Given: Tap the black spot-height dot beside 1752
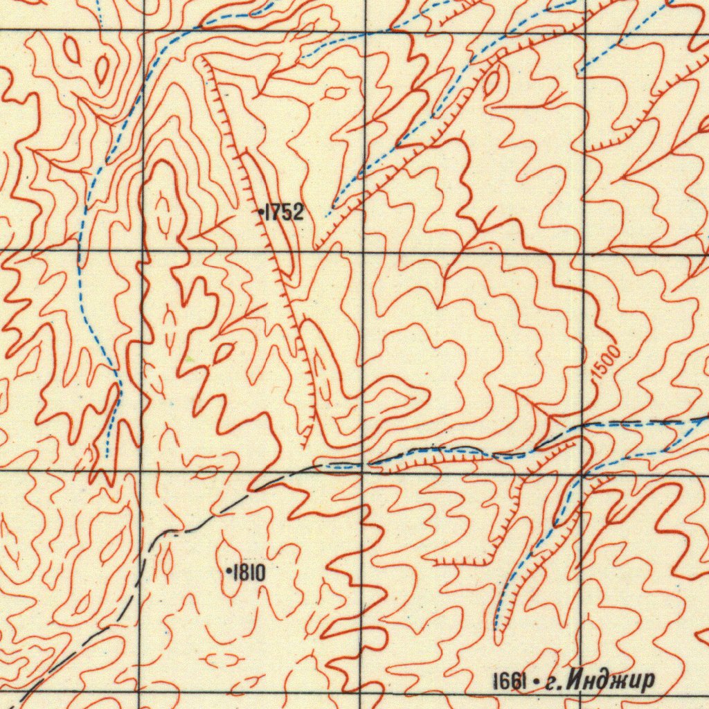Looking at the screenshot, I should coord(260,213).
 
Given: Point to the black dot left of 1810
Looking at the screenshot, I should coord(228,571).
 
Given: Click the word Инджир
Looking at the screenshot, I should coord(609,681).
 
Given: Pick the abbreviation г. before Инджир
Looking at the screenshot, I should coord(553,683).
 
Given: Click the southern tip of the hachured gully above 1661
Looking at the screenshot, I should coord(498,630).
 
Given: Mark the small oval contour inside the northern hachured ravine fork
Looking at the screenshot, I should coord(492,83).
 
